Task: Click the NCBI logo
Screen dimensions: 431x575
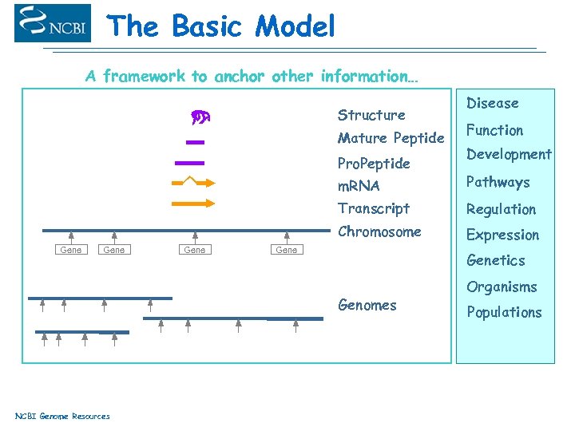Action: point(53,23)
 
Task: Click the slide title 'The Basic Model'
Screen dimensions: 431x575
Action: point(221,26)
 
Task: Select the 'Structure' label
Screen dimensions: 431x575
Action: point(371,115)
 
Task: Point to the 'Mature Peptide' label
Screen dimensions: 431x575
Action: point(391,138)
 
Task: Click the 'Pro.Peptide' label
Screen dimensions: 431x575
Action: point(374,163)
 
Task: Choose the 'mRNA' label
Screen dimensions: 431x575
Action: point(359,186)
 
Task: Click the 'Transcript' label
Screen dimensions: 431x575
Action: point(374,208)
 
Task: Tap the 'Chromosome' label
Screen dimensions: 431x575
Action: point(379,232)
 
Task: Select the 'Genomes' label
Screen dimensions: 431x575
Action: point(367,305)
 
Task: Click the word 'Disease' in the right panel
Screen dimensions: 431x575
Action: point(493,103)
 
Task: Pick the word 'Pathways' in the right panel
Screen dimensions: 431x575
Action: point(498,182)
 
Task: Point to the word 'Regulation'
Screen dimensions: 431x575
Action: point(502,209)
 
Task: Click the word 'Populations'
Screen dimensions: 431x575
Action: point(504,312)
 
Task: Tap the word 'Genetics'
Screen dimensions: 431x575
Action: point(496,260)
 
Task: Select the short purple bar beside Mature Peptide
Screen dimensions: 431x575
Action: point(195,142)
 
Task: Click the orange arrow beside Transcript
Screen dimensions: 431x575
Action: point(193,203)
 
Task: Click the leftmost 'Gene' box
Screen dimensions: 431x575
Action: point(71,250)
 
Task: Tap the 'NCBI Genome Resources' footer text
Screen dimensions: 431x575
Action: point(62,416)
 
